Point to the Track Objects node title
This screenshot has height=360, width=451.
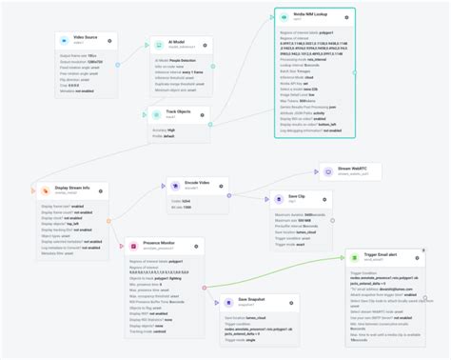pos(179,111)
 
